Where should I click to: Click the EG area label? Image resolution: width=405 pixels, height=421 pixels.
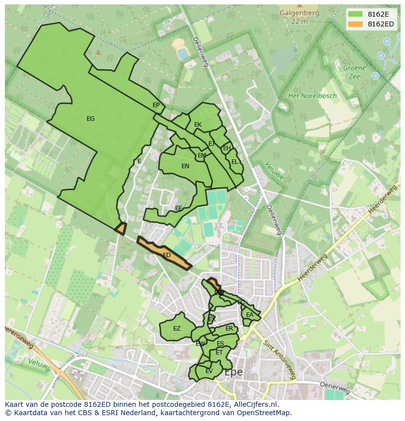click(90, 119)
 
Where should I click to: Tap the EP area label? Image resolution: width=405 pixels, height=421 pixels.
click(156, 105)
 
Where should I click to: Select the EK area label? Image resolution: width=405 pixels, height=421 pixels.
click(198, 125)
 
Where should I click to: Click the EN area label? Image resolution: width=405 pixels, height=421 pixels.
click(185, 166)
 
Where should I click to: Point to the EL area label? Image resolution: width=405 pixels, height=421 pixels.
click(235, 162)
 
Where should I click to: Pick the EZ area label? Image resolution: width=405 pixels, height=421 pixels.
click(177, 329)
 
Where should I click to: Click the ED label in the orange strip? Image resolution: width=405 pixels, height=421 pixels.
click(167, 255)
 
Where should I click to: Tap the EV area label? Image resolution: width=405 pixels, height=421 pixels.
click(209, 371)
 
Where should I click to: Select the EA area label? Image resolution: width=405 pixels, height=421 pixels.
click(249, 315)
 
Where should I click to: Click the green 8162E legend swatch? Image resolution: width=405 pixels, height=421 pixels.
click(355, 14)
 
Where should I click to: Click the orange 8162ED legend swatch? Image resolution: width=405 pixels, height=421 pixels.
click(355, 24)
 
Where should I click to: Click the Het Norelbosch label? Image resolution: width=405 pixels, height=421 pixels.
click(312, 96)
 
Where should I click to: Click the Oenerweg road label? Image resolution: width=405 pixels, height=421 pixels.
click(335, 388)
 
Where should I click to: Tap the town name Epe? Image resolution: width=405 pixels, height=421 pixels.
click(234, 372)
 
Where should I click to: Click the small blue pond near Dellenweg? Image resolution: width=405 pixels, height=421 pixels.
click(183, 54)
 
